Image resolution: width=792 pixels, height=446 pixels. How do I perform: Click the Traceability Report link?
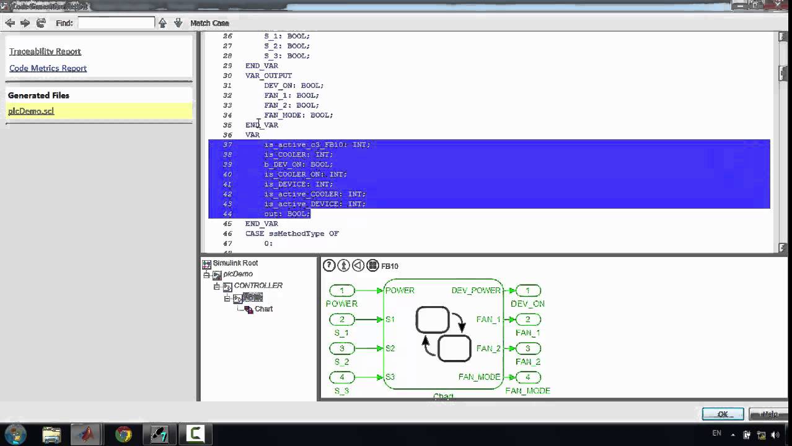(45, 51)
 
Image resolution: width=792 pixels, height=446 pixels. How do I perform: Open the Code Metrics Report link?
(48, 68)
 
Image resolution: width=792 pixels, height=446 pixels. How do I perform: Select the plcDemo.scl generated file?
(31, 111)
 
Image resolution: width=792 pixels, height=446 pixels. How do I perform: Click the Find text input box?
(116, 23)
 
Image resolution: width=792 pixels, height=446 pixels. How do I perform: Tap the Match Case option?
(209, 23)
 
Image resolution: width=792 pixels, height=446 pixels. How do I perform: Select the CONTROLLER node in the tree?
(258, 286)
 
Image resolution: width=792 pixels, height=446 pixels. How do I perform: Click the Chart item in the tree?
(263, 308)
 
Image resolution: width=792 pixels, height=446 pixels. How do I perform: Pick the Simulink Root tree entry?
(235, 263)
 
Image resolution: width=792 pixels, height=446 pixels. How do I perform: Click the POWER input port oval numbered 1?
(341, 291)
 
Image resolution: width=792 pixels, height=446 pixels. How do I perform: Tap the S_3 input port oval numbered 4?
(341, 377)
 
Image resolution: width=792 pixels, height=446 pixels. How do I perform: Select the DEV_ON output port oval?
(527, 291)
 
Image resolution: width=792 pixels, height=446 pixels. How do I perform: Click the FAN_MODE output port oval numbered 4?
(527, 377)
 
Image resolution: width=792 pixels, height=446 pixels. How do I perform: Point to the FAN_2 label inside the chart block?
(488, 348)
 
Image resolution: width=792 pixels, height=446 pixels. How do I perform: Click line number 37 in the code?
(227, 145)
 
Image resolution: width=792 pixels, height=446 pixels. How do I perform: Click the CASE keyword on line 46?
(255, 234)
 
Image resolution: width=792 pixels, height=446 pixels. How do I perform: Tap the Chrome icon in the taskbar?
(123, 434)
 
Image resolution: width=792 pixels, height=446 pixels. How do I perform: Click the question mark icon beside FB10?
(329, 266)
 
